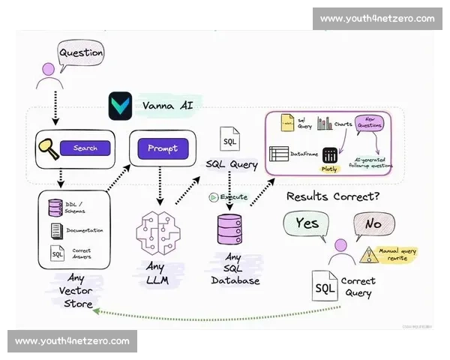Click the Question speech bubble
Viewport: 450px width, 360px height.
(x=81, y=53)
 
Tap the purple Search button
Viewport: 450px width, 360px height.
(x=85, y=148)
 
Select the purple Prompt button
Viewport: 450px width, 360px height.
(x=162, y=148)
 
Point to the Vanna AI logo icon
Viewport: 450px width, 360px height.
(x=120, y=106)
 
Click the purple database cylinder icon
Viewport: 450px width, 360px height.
(x=229, y=229)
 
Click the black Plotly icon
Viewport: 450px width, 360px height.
(x=330, y=155)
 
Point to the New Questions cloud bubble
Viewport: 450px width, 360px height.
(x=369, y=123)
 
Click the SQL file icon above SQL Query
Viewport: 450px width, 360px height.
(x=229, y=139)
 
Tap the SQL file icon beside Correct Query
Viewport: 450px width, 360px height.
(x=325, y=287)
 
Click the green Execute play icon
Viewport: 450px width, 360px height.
(x=214, y=197)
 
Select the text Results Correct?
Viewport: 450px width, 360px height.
(x=331, y=196)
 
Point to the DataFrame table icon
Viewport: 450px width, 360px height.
(x=279, y=154)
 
